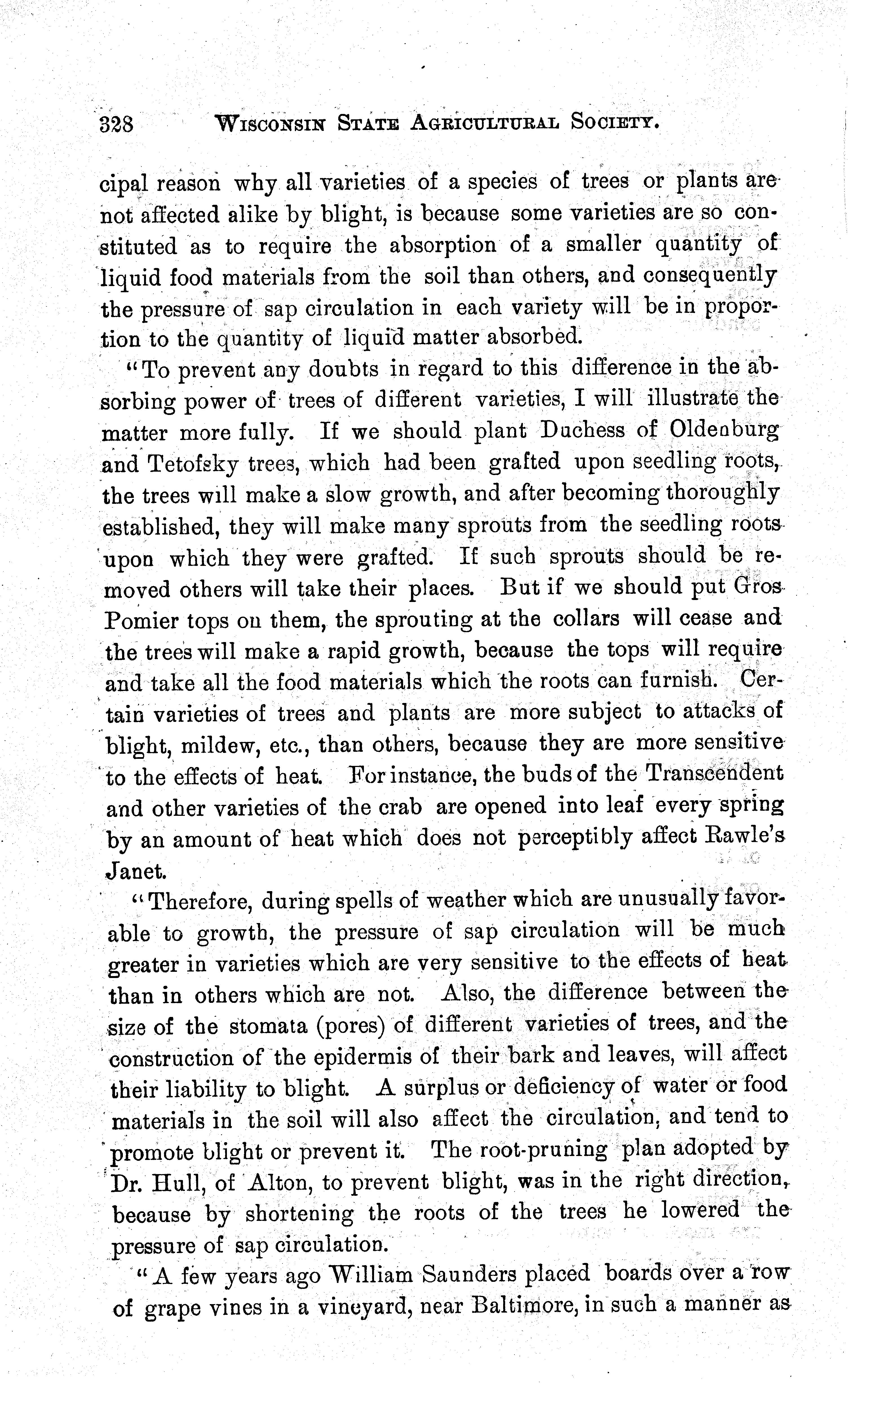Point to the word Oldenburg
tap(724, 430)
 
